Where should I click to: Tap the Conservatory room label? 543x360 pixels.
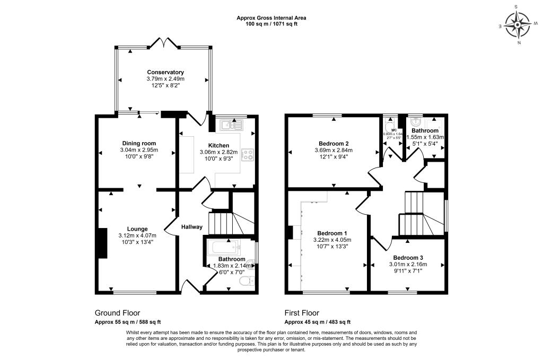click(165, 72)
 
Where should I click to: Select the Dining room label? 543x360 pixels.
click(139, 143)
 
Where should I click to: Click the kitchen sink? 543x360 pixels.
click(232, 125)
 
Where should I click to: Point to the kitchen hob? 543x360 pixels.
click(248, 155)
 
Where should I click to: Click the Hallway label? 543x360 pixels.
click(192, 227)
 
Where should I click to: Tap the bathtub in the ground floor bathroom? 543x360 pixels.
click(223, 247)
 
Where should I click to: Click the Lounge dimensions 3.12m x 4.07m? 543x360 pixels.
click(137, 235)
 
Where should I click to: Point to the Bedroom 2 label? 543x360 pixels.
click(334, 144)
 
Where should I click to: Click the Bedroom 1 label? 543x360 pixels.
click(332, 233)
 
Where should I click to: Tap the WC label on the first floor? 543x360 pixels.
click(393, 130)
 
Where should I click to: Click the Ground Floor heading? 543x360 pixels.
click(117, 313)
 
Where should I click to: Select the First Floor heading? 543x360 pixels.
click(302, 313)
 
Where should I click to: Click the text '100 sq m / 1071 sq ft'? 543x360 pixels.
click(271, 24)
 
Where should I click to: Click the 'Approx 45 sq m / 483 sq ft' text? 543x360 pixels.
click(317, 322)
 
